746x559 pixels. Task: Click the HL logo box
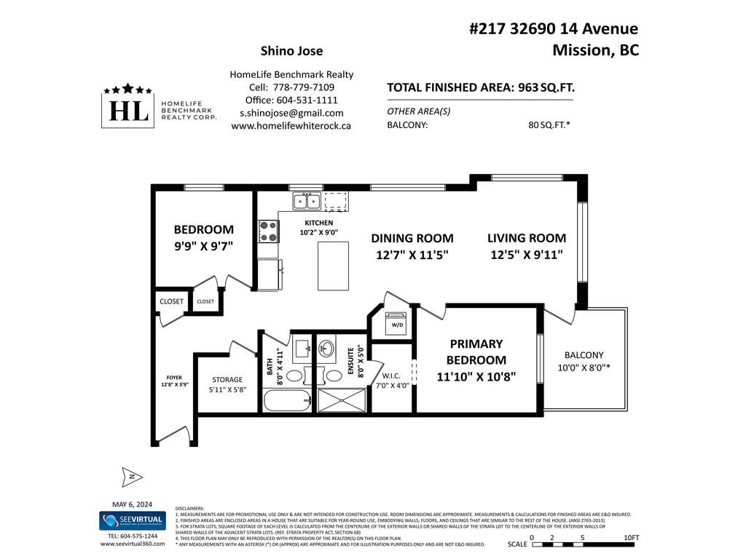pyautogui.click(x=127, y=111)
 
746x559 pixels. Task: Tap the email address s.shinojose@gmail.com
pyautogui.click(x=291, y=113)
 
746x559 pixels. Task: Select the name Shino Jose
pyautogui.click(x=291, y=51)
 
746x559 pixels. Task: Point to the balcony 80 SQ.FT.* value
pyautogui.click(x=549, y=124)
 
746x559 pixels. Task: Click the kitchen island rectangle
pyautogui.click(x=333, y=266)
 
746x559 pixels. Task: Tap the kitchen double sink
pyautogui.click(x=306, y=200)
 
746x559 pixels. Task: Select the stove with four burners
pyautogui.click(x=268, y=231)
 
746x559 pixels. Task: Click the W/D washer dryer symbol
pyautogui.click(x=397, y=324)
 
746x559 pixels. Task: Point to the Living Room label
pyautogui.click(x=527, y=238)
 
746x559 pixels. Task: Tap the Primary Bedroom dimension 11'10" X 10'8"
pyautogui.click(x=476, y=377)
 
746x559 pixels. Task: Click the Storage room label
pyautogui.click(x=227, y=379)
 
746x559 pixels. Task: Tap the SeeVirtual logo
pyautogui.click(x=132, y=520)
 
